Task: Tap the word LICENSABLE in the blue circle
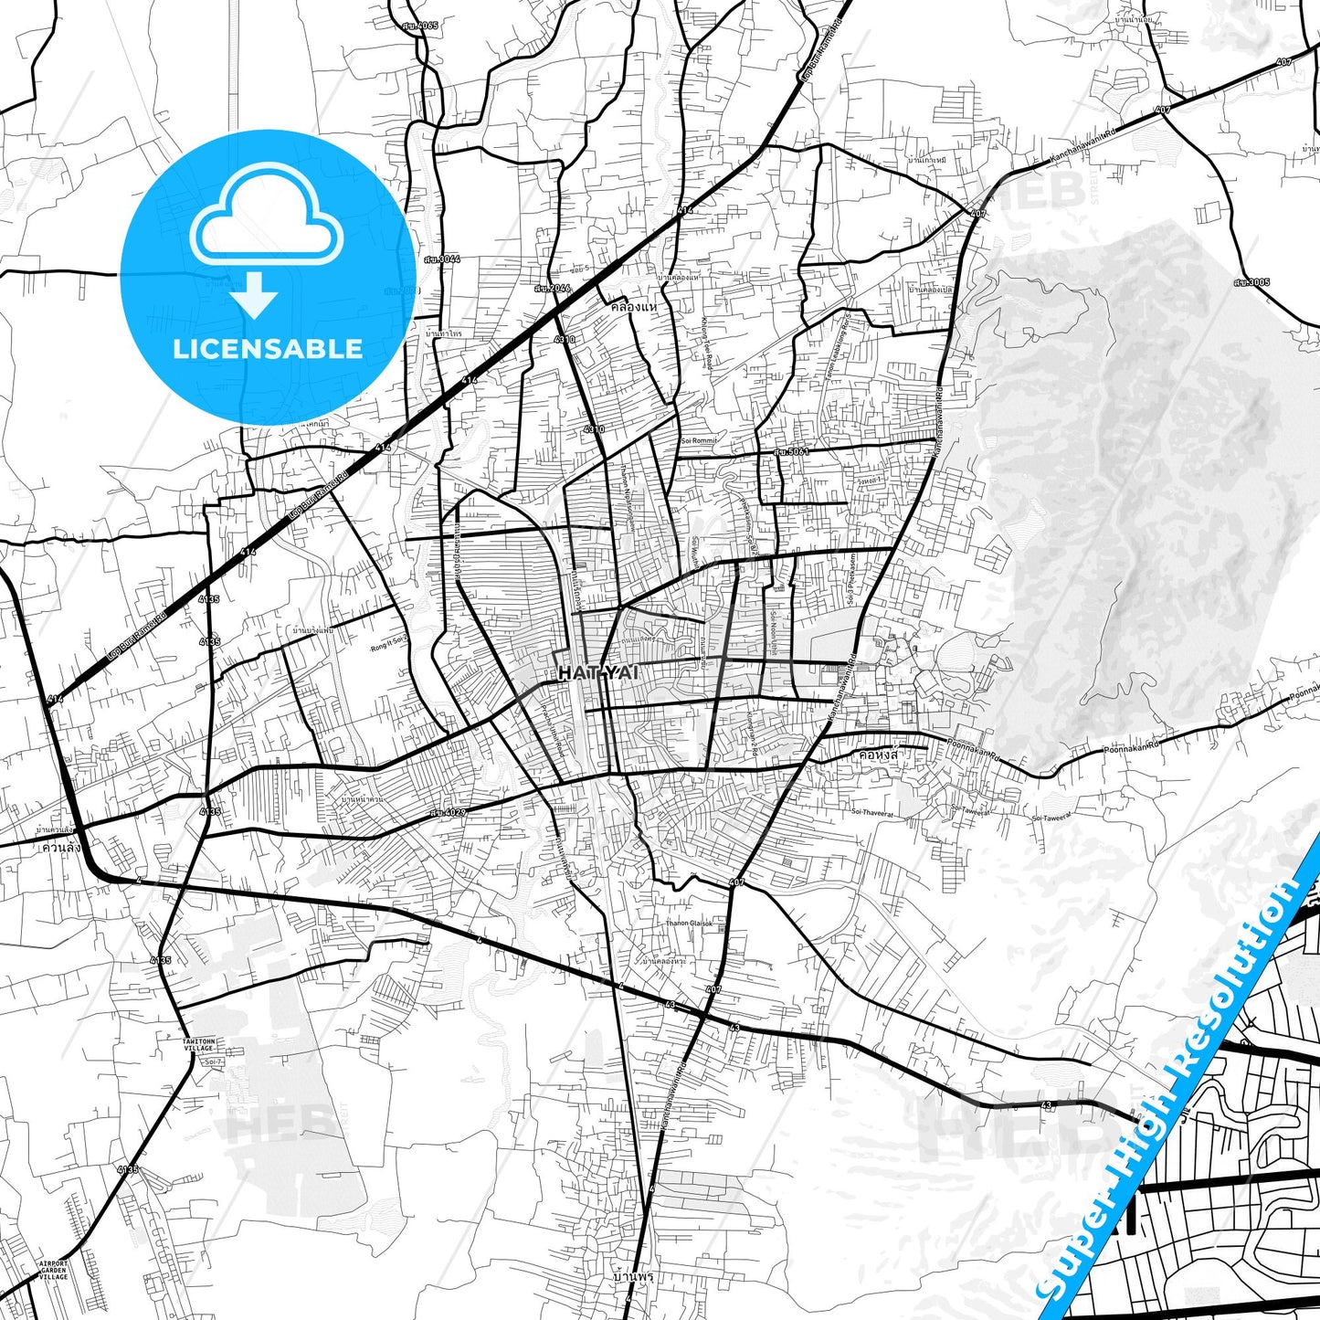(268, 349)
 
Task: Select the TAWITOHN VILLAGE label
(198, 1044)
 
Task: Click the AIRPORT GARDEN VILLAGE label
(54, 1270)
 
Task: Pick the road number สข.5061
(790, 451)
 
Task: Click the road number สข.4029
(449, 811)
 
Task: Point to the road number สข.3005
(1251, 282)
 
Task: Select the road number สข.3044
(442, 259)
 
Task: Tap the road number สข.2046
(553, 289)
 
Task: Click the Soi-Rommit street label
(700, 440)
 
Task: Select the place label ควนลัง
(61, 847)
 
